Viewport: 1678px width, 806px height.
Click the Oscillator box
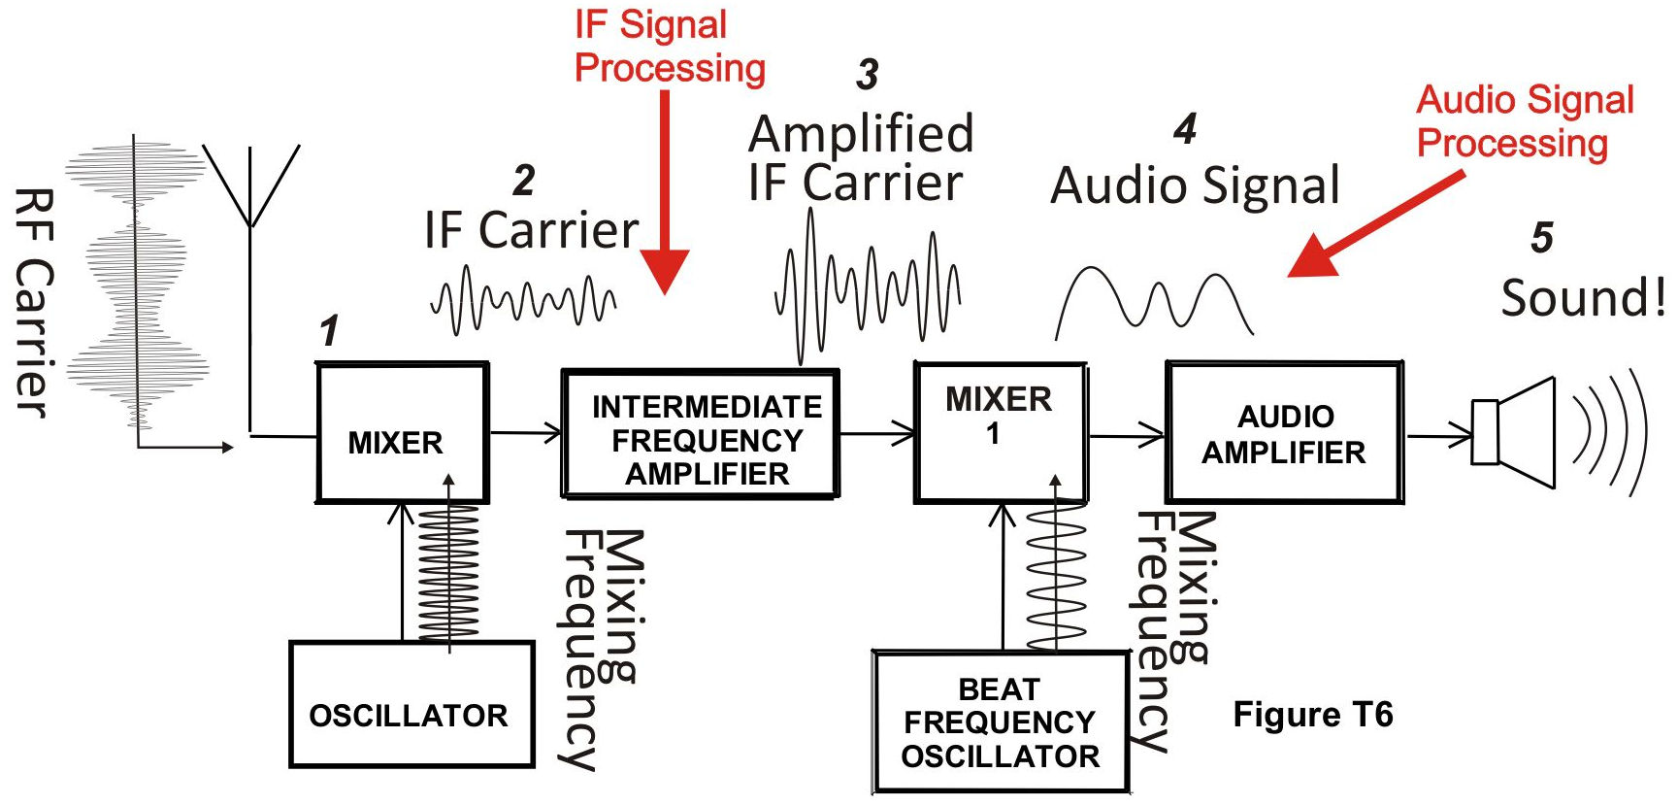click(411, 704)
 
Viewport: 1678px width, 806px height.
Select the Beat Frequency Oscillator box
click(1001, 722)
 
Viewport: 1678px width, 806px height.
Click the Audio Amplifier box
click(1284, 432)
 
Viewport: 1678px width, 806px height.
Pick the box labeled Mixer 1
click(1001, 432)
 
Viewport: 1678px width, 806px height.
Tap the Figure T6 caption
click(1312, 715)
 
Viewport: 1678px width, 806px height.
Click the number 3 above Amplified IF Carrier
click(868, 75)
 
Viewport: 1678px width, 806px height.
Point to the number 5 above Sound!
click(1542, 238)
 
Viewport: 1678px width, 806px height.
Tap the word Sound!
click(1583, 297)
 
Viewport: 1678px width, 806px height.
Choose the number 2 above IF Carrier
click(524, 181)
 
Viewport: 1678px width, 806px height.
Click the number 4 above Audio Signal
click(1185, 129)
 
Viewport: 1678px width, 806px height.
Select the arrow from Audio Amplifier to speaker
click(1439, 435)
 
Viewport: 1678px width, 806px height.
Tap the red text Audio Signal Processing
click(1526, 121)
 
